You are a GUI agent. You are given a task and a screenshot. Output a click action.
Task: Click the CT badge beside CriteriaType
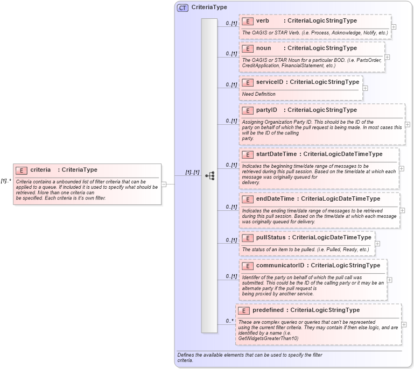click(x=183, y=8)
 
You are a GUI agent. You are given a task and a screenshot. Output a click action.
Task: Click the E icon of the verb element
click(x=248, y=21)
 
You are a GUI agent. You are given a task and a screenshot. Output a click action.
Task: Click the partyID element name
click(x=266, y=110)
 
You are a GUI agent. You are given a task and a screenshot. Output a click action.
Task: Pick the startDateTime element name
click(x=276, y=154)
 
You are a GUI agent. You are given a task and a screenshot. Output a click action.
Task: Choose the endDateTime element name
click(x=274, y=199)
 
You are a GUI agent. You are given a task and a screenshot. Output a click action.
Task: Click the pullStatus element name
click(x=271, y=237)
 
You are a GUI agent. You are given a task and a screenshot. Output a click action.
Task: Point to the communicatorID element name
click(x=280, y=265)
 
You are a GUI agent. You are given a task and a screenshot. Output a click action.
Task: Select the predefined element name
click(x=268, y=310)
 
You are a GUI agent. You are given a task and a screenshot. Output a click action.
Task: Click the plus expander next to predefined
click(x=404, y=325)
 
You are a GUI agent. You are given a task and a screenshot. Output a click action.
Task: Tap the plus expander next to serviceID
click(x=366, y=88)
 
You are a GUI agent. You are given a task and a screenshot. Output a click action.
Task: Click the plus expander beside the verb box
click(x=394, y=26)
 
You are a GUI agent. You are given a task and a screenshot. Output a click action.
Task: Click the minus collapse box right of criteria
click(x=164, y=184)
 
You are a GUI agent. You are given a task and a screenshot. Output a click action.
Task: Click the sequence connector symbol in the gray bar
click(x=210, y=175)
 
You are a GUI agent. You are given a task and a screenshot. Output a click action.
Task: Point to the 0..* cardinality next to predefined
click(x=230, y=321)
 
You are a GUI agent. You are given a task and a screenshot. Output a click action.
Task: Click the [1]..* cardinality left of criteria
click(x=6, y=181)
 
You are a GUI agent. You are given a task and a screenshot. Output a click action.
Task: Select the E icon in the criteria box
click(x=22, y=171)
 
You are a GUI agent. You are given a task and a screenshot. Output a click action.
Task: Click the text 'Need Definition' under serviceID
click(x=259, y=94)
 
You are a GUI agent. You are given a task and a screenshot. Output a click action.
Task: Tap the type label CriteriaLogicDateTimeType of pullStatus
click(x=332, y=237)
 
